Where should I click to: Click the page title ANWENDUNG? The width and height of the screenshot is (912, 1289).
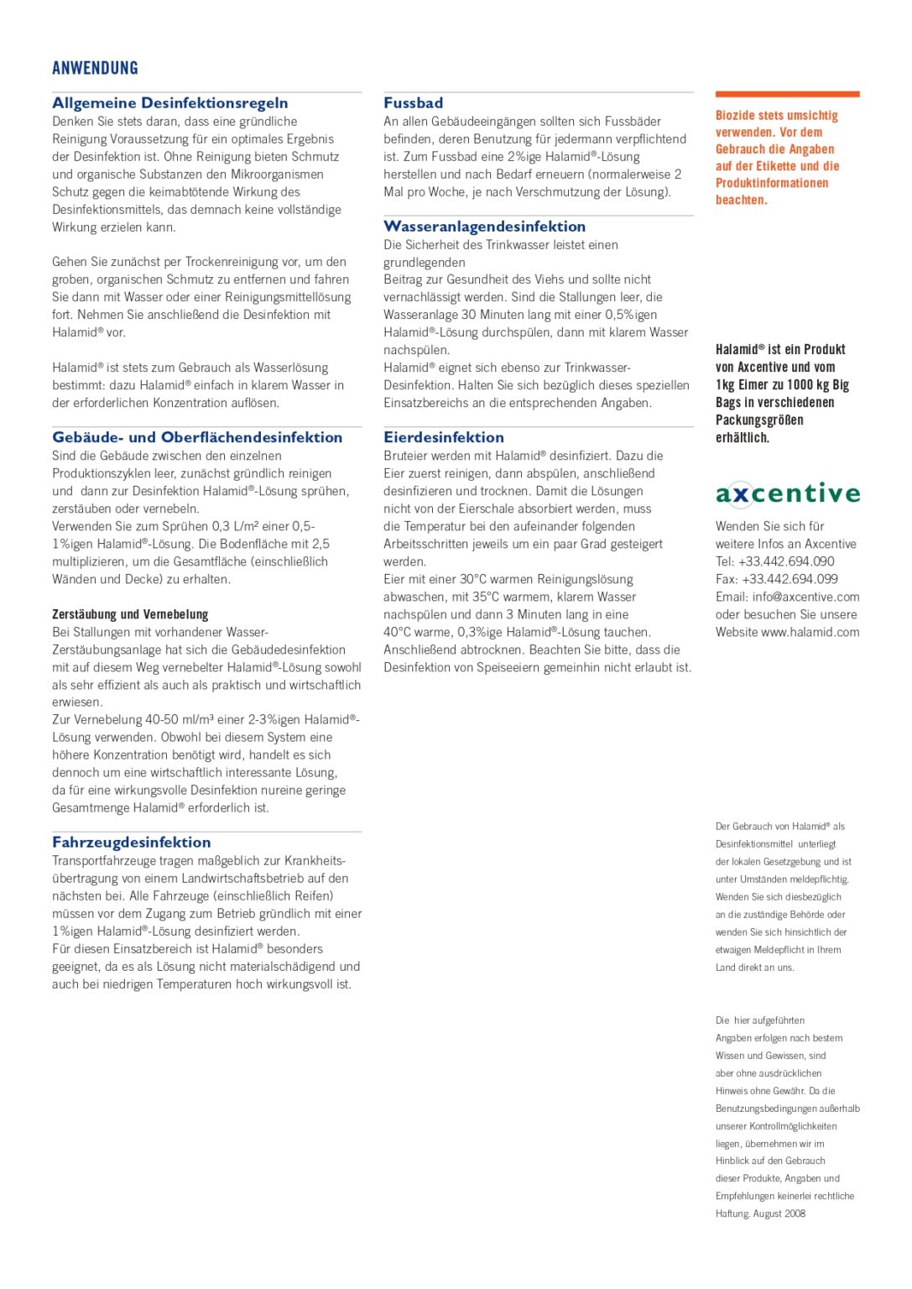point(95,68)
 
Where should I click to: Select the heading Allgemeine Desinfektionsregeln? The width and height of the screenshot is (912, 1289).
point(169,103)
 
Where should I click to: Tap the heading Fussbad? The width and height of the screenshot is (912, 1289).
point(413,103)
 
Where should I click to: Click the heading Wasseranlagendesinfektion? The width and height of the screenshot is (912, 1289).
point(484,227)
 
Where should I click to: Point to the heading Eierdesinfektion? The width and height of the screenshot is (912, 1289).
point(444,437)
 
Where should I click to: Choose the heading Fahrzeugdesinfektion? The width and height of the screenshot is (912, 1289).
point(131,843)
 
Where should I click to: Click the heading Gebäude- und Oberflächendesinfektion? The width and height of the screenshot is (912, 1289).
point(197,437)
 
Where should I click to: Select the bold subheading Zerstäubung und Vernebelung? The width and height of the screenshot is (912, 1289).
point(130,614)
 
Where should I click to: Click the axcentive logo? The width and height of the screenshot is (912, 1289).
point(787,493)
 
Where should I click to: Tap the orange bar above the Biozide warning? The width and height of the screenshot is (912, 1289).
point(787,94)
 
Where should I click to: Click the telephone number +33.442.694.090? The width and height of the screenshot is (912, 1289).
point(786,561)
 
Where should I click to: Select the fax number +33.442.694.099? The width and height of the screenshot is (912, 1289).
point(789,579)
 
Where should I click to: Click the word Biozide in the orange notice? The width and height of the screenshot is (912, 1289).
point(736,116)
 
